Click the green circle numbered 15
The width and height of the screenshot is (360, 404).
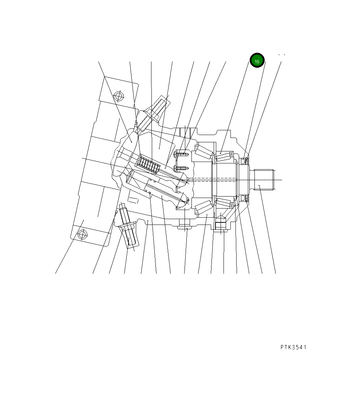coord(257,60)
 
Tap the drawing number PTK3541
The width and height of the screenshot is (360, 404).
coord(293,347)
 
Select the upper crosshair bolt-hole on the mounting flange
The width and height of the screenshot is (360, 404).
coord(119,96)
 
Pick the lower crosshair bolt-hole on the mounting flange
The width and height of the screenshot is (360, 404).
coord(82,235)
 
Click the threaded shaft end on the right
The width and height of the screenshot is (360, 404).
coord(263,180)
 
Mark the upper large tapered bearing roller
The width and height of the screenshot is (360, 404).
coord(204,152)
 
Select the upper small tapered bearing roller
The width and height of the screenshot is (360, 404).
coord(225,157)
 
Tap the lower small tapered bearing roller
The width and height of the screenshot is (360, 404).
coord(225,203)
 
